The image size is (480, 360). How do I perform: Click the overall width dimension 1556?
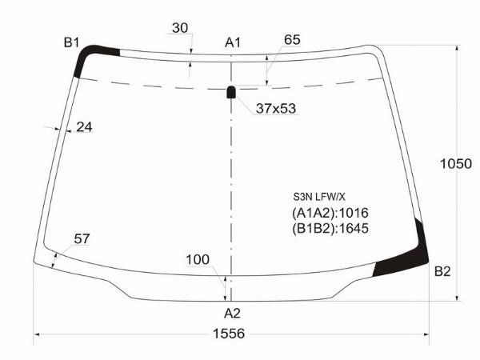click(229, 334)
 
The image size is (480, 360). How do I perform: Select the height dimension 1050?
click(456, 164)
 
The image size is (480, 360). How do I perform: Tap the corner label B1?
click(72, 42)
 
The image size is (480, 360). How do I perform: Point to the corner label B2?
click(442, 271)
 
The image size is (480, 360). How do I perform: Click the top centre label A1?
click(233, 42)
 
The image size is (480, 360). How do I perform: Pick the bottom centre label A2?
click(232, 313)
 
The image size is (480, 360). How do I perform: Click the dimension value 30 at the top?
click(180, 28)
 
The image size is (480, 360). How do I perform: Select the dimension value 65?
click(292, 40)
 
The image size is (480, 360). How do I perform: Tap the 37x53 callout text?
click(276, 108)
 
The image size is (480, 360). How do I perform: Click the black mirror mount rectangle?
click(231, 92)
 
